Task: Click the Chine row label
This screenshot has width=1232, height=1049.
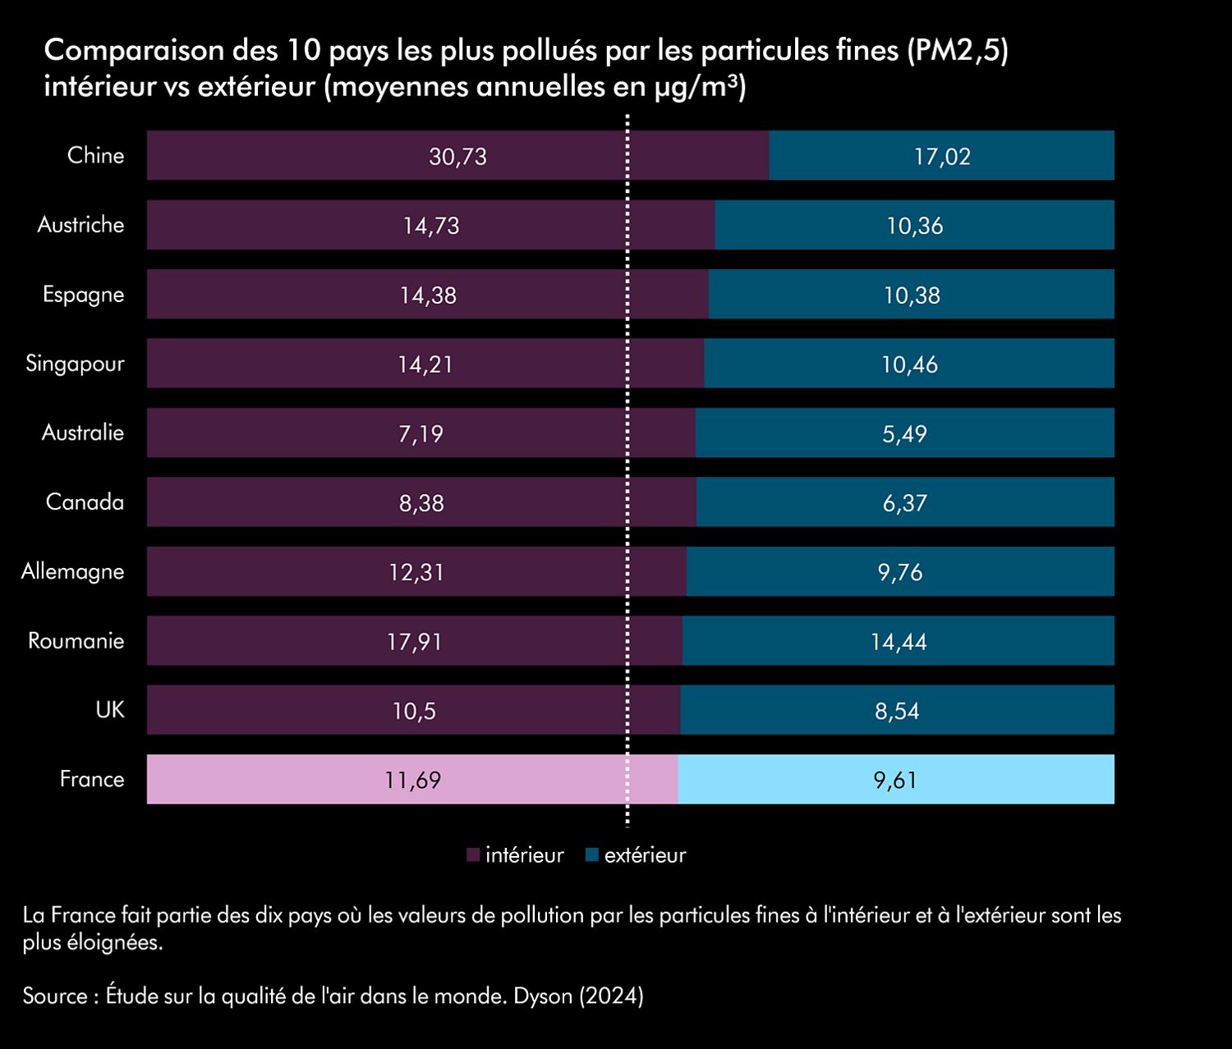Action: [x=95, y=155]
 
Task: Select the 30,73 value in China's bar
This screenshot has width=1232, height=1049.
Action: [x=457, y=156]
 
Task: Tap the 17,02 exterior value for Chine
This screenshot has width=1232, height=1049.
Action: [x=942, y=156]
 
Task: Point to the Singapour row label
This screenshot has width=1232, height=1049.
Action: [x=75, y=364]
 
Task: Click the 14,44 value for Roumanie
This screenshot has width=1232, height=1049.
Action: [x=899, y=641]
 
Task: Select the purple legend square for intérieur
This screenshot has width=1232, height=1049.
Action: [x=472, y=855]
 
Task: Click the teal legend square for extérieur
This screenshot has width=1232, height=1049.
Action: [x=591, y=855]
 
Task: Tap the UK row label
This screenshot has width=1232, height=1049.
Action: [x=110, y=709]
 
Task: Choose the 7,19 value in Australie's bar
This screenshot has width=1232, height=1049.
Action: [x=421, y=433]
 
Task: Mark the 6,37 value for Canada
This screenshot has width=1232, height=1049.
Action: [x=904, y=502]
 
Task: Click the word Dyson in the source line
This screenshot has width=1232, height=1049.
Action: [x=542, y=996]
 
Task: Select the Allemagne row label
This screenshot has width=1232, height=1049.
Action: [x=72, y=571]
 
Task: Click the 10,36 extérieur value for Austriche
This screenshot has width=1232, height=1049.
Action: [x=914, y=226]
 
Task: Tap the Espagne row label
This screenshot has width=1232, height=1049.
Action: [x=83, y=295]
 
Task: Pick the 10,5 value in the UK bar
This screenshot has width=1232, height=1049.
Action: [x=414, y=711]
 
